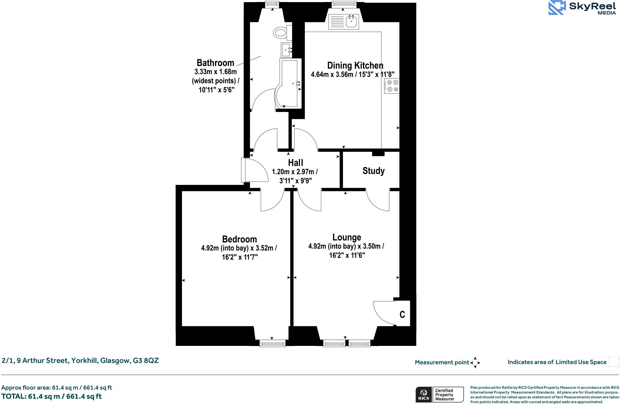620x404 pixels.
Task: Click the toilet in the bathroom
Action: tap(281, 32)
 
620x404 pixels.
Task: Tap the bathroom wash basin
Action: tap(286, 50)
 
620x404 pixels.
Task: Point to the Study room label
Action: tap(374, 171)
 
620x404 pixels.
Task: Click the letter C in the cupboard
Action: tap(402, 315)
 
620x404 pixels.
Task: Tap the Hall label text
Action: tap(295, 163)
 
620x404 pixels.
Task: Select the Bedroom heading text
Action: tap(239, 239)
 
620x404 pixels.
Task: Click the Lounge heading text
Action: tap(347, 237)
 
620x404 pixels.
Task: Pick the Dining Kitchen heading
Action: tap(355, 65)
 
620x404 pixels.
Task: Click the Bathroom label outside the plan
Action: tap(215, 63)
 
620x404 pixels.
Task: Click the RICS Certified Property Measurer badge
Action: tap(440, 394)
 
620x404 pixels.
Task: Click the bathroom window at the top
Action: tap(272, 4)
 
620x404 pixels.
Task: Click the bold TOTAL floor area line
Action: tap(51, 396)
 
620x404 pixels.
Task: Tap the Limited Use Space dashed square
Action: tap(614, 362)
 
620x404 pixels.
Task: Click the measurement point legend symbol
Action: tap(475, 362)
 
